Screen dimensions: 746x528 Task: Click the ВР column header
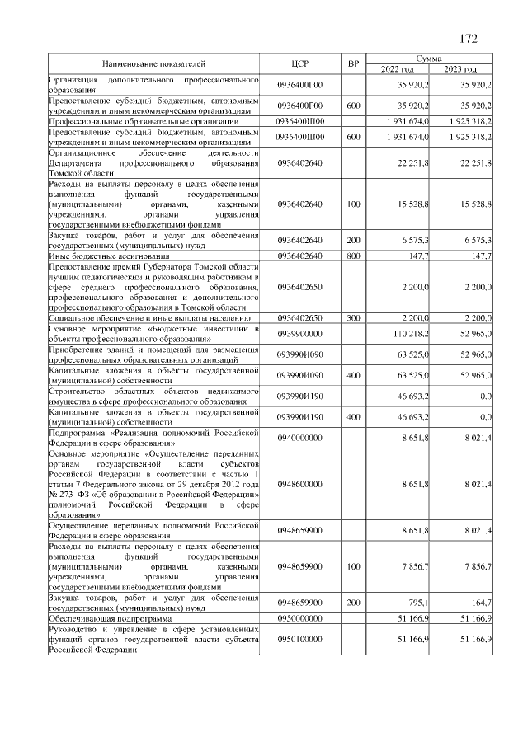[353, 63]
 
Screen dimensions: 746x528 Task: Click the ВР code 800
[353, 256]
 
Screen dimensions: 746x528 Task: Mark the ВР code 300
[353, 317]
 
